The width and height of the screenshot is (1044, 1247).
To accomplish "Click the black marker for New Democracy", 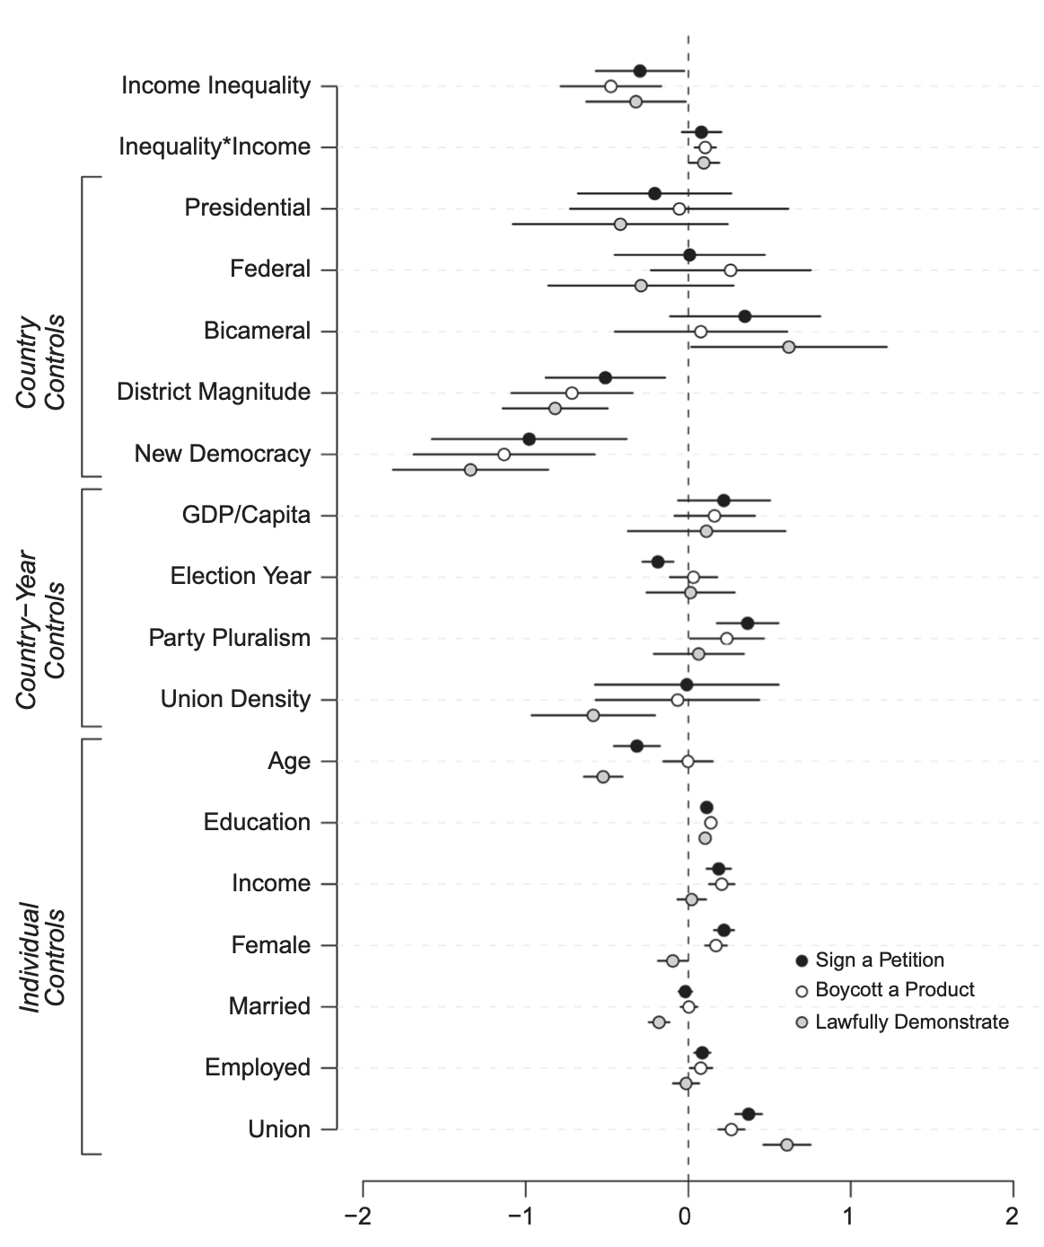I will [529, 438].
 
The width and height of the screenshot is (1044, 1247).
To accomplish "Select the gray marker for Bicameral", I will [788, 347].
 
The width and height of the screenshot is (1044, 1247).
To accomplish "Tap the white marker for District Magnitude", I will [572, 393].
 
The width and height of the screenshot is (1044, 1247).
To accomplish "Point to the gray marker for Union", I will [786, 1145].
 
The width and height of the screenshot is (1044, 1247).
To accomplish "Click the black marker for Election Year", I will [657, 562].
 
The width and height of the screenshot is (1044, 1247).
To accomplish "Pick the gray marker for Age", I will [602, 776].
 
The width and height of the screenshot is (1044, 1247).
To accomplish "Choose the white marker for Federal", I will [730, 270].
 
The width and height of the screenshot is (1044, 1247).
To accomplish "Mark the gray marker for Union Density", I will [592, 715].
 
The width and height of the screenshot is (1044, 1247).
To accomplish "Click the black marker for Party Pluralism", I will [747, 623].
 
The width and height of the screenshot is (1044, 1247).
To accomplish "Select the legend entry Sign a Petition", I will [879, 960].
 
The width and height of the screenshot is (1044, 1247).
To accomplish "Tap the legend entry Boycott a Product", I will [894, 990].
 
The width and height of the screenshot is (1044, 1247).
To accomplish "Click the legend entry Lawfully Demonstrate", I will [911, 1021].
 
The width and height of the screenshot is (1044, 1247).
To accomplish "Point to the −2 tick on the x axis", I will [364, 1184].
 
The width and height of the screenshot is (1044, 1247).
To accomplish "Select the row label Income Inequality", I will [215, 85].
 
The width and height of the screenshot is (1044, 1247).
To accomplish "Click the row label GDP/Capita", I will [246, 515].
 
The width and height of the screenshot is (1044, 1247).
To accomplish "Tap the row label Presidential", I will [248, 208].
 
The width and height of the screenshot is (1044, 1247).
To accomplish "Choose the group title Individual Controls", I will [42, 958].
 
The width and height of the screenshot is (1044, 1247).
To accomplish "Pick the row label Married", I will [269, 1006].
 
